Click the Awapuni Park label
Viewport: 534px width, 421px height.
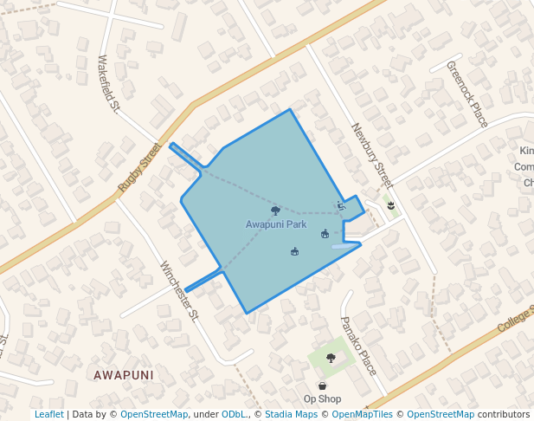tap(275, 224)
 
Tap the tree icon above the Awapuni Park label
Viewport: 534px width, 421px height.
tap(275, 210)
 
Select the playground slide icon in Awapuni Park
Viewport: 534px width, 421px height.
tap(341, 206)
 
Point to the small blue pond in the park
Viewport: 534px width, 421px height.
tap(344, 246)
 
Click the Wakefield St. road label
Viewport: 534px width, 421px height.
tap(107, 84)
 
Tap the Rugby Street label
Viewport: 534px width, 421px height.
tap(140, 166)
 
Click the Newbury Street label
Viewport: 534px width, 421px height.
tap(372, 156)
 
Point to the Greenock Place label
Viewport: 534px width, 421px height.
tap(467, 94)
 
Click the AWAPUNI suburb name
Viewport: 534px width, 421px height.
tap(124, 375)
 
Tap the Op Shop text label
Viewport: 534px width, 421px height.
tap(322, 398)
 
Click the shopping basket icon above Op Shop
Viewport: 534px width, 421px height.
tap(323, 385)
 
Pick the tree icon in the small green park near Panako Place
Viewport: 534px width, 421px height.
tap(330, 358)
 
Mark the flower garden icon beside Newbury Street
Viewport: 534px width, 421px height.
tap(391, 205)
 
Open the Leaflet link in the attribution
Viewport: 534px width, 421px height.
tap(48, 414)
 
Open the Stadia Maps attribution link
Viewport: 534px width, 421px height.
tap(291, 414)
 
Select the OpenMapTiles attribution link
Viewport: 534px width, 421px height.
tap(362, 414)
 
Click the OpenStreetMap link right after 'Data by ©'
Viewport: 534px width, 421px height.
tap(153, 414)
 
